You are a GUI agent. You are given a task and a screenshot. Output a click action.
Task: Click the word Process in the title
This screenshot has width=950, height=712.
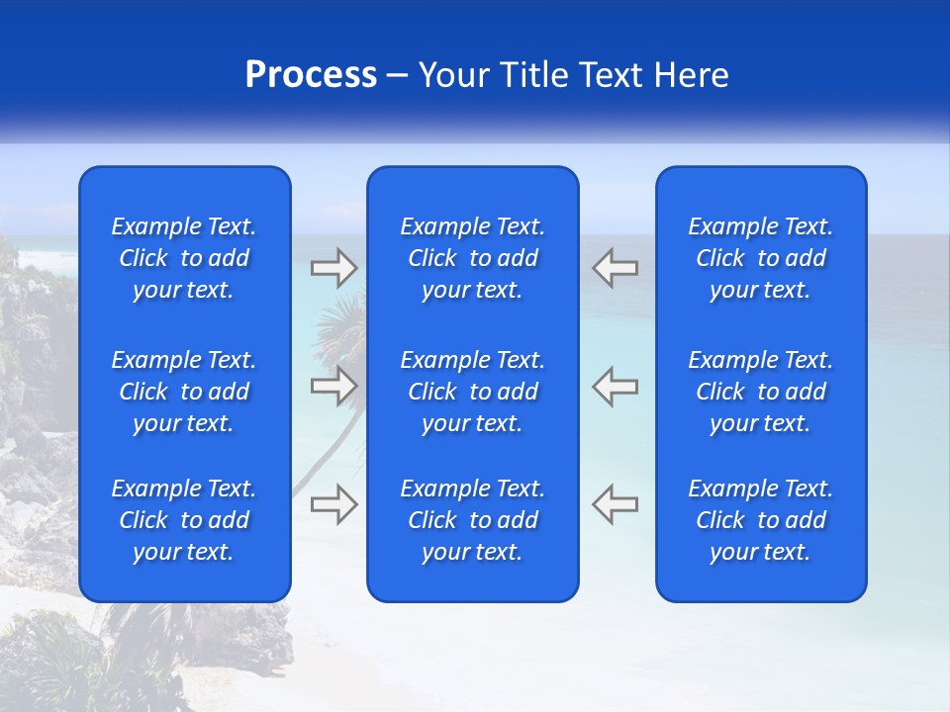[311, 75]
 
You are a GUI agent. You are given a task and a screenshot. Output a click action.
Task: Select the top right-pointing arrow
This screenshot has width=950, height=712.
[334, 268]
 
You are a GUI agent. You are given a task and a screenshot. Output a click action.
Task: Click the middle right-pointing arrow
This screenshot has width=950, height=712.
[334, 386]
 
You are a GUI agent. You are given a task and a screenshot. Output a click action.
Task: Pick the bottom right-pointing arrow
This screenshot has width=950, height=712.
[334, 504]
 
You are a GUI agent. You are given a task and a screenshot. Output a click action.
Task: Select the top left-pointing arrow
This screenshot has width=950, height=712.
[615, 268]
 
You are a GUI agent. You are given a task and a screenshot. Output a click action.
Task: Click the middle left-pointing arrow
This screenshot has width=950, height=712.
[615, 386]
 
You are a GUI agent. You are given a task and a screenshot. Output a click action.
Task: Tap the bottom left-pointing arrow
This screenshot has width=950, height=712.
[615, 504]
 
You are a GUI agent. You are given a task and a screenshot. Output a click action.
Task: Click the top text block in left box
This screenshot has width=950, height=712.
[184, 258]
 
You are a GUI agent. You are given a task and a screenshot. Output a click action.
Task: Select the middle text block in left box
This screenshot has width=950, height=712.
[184, 392]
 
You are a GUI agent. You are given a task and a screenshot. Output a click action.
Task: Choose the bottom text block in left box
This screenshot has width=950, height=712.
[184, 520]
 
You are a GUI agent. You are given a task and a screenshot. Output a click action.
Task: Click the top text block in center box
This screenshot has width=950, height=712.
[472, 258]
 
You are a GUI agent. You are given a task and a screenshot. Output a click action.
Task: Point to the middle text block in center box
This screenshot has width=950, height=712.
[472, 392]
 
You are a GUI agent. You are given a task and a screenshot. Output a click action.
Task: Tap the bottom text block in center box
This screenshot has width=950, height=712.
[472, 520]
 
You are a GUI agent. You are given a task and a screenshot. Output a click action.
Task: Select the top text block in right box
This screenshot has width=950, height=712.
[760, 258]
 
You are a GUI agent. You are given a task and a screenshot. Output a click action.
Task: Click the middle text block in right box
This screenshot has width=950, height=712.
[760, 392]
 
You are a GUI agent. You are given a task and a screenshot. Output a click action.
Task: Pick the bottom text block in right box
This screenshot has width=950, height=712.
[760, 520]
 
